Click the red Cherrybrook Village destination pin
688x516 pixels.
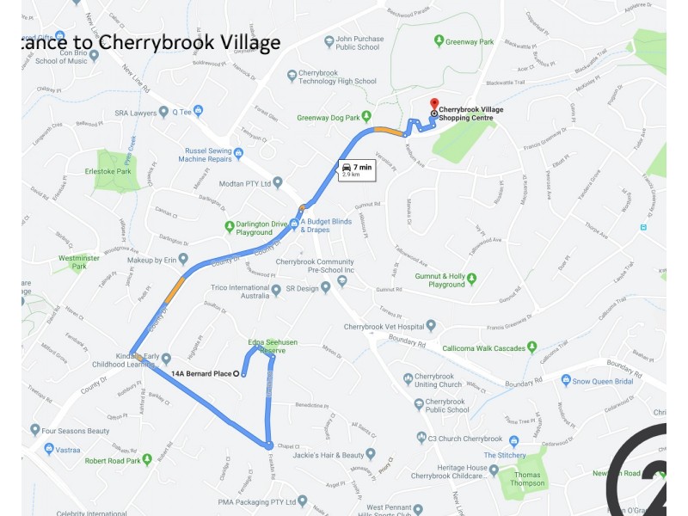click(x=433, y=103)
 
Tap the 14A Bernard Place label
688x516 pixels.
click(x=201, y=373)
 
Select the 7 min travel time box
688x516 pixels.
click(x=356, y=169)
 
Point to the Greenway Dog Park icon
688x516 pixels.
click(x=365, y=117)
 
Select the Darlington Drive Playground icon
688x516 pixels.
click(x=230, y=227)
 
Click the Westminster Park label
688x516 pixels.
click(x=78, y=262)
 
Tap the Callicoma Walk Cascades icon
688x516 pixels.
click(x=533, y=347)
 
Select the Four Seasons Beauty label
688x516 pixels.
click(x=85, y=430)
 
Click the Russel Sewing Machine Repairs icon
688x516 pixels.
click(x=238, y=154)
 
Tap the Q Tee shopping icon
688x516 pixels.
click(x=199, y=110)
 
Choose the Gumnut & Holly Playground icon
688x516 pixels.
click(x=471, y=279)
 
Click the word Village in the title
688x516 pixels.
click(x=241, y=42)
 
